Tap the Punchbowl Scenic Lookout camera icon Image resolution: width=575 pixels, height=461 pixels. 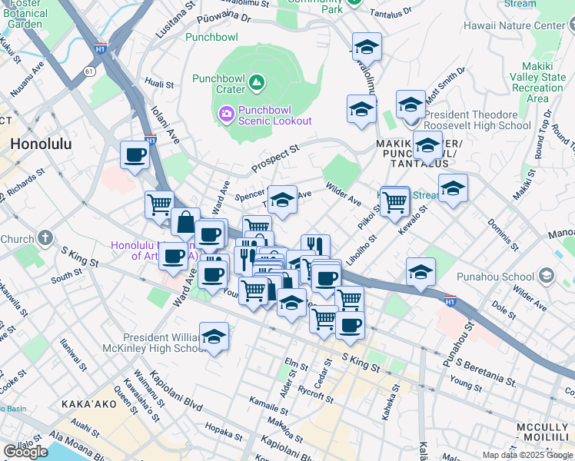point(227,114)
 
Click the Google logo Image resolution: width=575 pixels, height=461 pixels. point(25,451)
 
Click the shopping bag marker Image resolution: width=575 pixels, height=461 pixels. point(185,223)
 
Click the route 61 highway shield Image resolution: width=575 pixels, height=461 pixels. point(89,71)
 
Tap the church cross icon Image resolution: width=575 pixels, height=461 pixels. point(46,237)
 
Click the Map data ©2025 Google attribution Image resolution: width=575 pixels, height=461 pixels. point(528,455)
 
